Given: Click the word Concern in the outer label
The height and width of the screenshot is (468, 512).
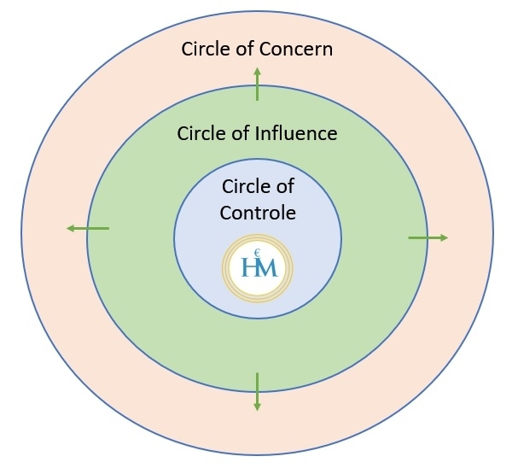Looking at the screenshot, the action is (x=296, y=50).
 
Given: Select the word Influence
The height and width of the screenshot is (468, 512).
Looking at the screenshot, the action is (x=296, y=133).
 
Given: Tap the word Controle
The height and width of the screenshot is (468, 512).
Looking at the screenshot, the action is (x=258, y=213).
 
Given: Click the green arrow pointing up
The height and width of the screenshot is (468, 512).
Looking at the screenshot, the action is (x=258, y=84).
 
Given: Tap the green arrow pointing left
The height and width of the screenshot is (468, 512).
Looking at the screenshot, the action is (x=88, y=228).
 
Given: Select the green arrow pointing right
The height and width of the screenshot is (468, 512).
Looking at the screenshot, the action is (x=428, y=238).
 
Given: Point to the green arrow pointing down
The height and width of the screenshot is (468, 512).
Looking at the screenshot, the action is (x=258, y=392).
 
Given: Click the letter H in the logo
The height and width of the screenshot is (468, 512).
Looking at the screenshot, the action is (x=249, y=266).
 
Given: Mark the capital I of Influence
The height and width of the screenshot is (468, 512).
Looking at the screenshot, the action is (x=257, y=133).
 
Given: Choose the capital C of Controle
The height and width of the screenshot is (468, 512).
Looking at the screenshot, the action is (x=227, y=213).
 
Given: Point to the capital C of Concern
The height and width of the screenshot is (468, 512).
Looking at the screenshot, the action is (x=267, y=50).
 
